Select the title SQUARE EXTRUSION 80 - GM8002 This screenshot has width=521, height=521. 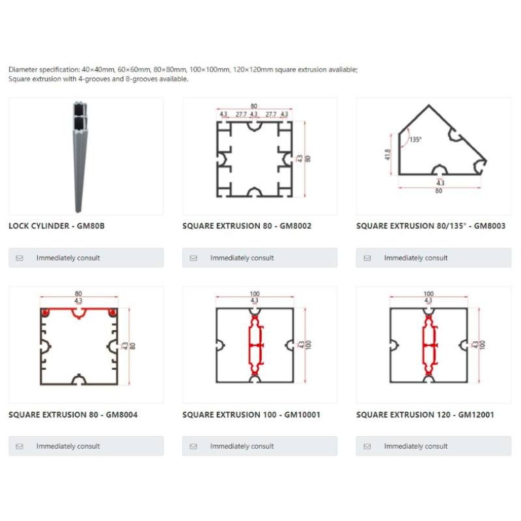point(247,226)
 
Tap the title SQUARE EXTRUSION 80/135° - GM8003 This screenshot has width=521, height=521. point(430,226)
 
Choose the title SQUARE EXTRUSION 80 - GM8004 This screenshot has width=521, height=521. point(73,414)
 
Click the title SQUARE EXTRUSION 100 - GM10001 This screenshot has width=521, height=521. point(251,414)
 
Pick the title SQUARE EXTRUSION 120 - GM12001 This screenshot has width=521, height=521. point(425,414)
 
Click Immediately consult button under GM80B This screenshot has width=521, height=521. point(86,258)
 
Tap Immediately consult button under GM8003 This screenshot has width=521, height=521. point(433,258)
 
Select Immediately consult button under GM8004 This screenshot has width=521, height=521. point(86,446)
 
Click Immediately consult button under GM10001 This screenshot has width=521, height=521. point(260,446)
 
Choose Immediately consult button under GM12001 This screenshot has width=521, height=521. point(433,446)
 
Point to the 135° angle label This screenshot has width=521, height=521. point(415,139)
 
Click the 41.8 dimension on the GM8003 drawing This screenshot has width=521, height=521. point(388,154)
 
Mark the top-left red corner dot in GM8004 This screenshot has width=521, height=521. point(45,313)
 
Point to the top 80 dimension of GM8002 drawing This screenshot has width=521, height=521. point(253,106)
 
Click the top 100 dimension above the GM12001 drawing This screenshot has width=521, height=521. point(428,294)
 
